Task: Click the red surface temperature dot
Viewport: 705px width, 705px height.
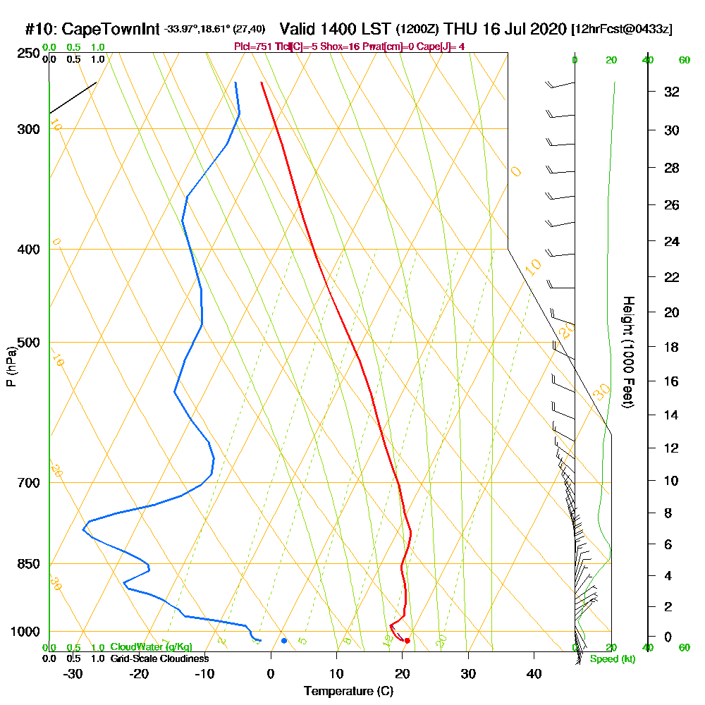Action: [407, 640]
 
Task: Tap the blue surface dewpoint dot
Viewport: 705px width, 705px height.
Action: [284, 640]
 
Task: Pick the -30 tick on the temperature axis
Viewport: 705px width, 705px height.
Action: [73, 674]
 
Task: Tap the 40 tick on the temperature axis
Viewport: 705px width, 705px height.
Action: [534, 674]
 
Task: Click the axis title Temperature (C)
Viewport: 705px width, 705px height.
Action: [348, 692]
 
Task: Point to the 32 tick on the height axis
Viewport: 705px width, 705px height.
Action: [672, 92]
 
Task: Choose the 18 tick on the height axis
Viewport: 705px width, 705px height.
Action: [672, 347]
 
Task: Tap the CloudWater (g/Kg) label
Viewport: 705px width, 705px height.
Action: [151, 647]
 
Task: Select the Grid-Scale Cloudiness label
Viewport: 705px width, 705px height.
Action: [159, 658]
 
